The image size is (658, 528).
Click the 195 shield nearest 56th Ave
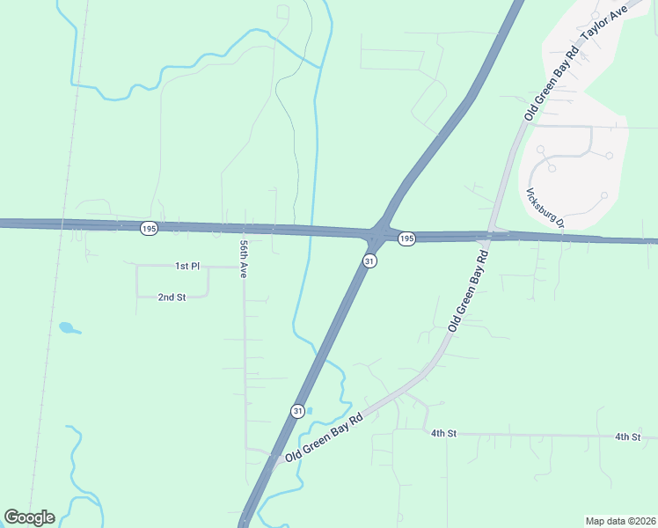148,228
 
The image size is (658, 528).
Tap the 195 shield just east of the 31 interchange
406,238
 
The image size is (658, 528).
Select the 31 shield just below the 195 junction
370,261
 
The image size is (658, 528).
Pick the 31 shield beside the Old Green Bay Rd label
298,411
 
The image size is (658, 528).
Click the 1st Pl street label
188,266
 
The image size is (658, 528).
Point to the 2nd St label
172,297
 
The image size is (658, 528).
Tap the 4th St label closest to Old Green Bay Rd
443,434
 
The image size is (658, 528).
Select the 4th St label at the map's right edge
627,436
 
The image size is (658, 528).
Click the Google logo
29,517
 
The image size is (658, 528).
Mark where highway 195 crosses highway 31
377,235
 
